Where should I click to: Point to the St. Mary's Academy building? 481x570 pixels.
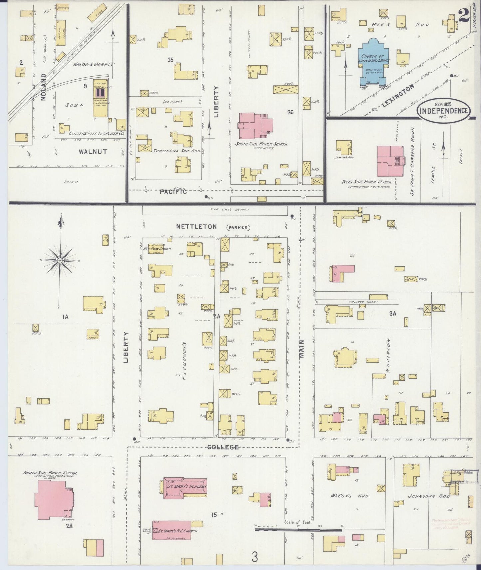pos(185,487)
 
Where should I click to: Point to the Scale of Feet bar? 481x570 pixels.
pos(298,529)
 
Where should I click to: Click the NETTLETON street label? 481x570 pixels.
pos(196,227)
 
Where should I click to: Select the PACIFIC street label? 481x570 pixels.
pos(173,192)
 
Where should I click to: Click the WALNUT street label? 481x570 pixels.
pos(93,152)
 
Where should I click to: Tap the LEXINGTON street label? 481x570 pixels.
pos(399,95)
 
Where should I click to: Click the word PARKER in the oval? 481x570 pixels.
pos(238,228)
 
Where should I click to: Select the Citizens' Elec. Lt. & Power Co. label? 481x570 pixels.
pos(97,134)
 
